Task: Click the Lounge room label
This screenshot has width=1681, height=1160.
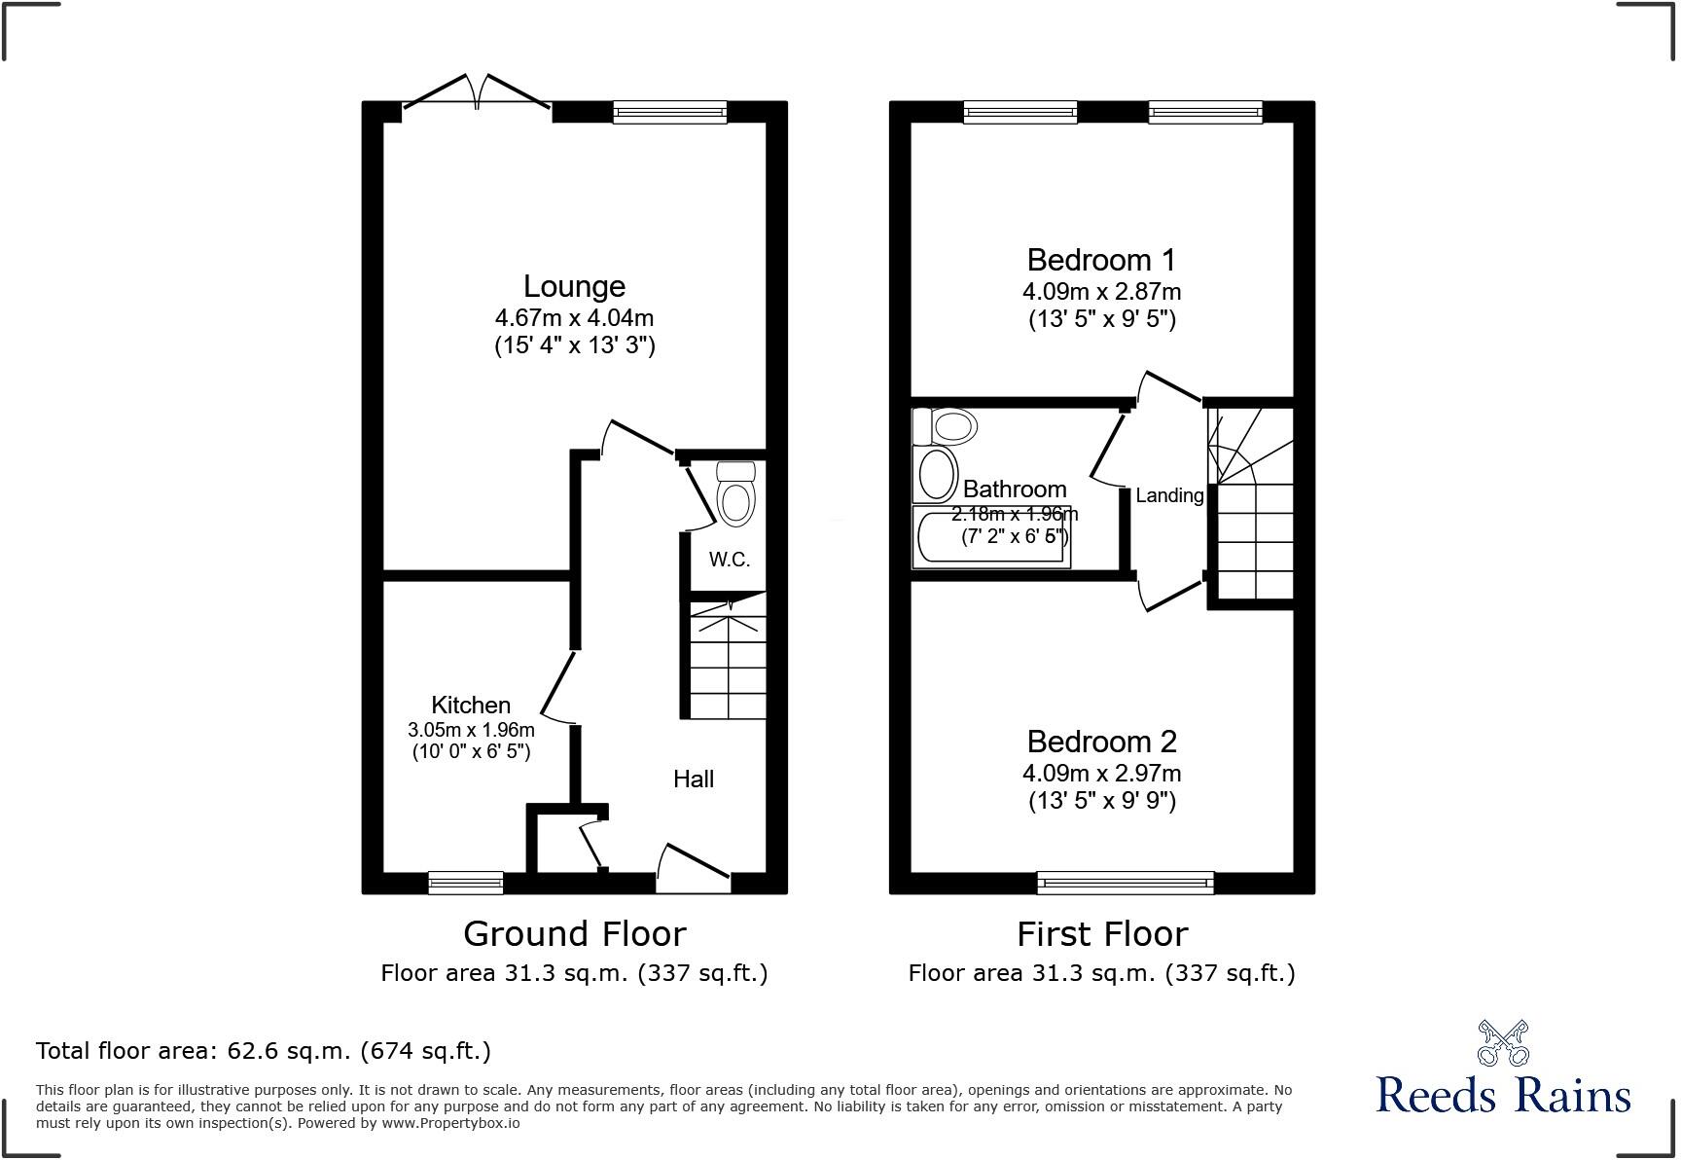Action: click(x=574, y=286)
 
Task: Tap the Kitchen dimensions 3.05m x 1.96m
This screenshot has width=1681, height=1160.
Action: click(x=471, y=730)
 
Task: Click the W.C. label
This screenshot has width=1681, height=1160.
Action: click(x=729, y=560)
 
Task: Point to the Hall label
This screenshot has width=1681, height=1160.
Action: click(x=694, y=779)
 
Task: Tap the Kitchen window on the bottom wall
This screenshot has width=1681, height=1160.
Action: click(x=466, y=883)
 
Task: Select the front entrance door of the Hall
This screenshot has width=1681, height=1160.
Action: click(x=693, y=870)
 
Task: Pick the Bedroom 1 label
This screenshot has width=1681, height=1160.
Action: click(x=1101, y=260)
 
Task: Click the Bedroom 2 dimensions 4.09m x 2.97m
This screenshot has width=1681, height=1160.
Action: click(x=1101, y=774)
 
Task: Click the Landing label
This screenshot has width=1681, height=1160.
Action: click(x=1169, y=495)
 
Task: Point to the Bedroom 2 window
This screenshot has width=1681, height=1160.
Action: click(x=1126, y=883)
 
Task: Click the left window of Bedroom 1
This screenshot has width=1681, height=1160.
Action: click(x=1020, y=112)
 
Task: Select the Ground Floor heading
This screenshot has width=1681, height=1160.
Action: click(x=574, y=934)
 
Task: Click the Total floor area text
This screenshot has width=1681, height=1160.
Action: click(x=263, y=1051)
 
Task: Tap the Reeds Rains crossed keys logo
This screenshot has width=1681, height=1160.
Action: click(x=1503, y=1043)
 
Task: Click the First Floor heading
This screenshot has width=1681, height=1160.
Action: click(x=1102, y=934)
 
